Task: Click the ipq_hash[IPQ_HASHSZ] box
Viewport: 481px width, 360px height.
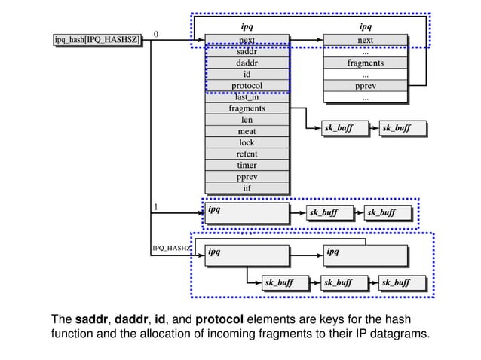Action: (x=97, y=40)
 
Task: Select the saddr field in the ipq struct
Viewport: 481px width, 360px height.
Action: (x=247, y=52)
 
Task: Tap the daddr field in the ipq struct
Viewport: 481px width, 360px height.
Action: (x=247, y=63)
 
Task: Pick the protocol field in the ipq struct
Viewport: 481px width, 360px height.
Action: (x=247, y=86)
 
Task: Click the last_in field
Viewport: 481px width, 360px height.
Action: (x=247, y=97)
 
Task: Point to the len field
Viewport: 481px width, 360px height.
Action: (x=247, y=120)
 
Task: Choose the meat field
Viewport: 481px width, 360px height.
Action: (x=247, y=131)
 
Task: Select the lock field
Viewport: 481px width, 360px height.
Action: (x=247, y=142)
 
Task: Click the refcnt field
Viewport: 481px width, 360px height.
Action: (x=247, y=154)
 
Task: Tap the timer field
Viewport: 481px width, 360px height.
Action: (x=247, y=165)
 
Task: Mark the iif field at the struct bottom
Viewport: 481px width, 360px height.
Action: (x=247, y=188)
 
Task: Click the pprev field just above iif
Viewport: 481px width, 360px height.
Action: (x=247, y=176)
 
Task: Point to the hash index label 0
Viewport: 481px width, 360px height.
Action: (x=156, y=34)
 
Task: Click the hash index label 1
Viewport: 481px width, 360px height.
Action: (x=156, y=206)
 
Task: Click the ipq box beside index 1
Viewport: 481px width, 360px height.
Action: (x=247, y=212)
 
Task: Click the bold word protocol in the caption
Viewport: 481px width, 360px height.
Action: (x=229, y=318)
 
